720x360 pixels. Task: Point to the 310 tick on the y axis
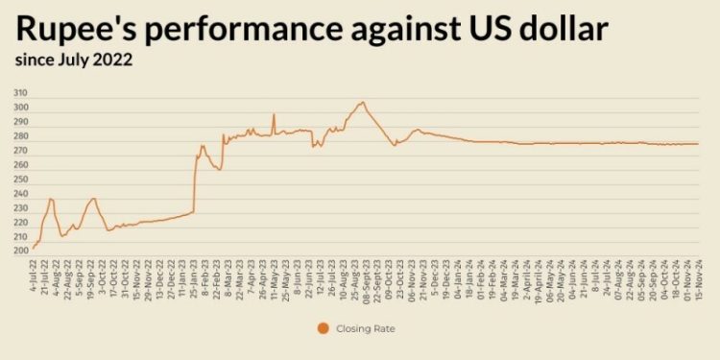pyautogui.click(x=20, y=93)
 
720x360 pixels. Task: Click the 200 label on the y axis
pyautogui.click(x=20, y=252)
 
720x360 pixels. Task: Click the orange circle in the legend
pyautogui.click(x=323, y=328)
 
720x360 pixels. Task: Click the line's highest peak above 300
pyautogui.click(x=362, y=102)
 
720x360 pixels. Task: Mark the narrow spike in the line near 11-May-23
pyautogui.click(x=274, y=115)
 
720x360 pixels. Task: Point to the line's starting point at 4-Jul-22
pyautogui.click(x=34, y=248)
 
